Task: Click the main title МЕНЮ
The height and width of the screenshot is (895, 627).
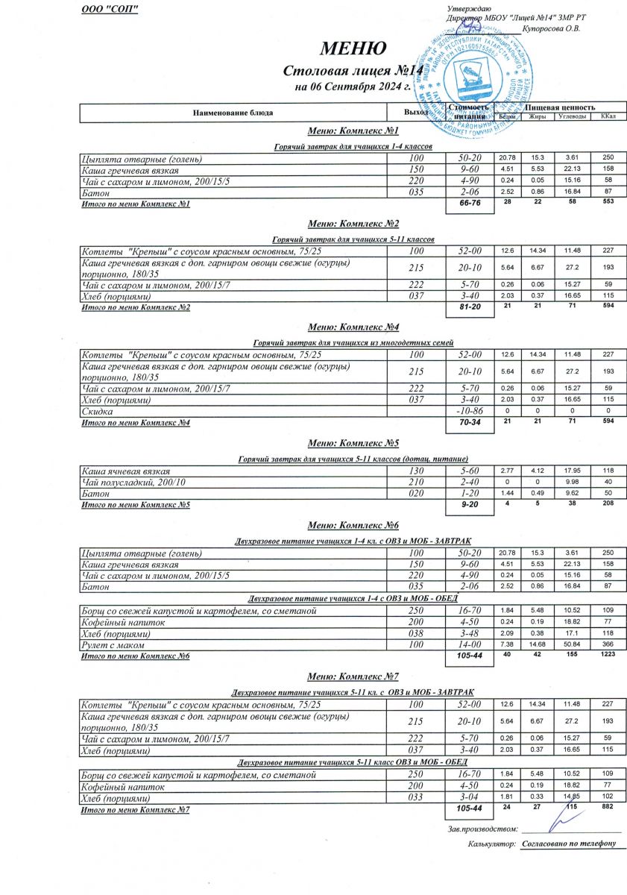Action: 353,48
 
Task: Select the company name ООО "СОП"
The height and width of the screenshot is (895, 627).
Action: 109,8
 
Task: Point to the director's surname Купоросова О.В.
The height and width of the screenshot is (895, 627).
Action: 551,28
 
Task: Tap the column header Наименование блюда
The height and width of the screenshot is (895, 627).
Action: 233,113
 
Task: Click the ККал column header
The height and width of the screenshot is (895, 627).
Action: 608,116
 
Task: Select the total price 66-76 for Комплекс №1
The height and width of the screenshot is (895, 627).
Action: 470,204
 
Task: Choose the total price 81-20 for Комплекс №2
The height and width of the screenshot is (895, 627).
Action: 470,308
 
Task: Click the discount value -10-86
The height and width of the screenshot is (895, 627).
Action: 470,412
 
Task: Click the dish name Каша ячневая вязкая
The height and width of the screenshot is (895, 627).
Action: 125,471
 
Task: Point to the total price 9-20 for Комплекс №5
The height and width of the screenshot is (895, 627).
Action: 470,505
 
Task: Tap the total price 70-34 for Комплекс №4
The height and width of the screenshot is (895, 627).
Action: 470,423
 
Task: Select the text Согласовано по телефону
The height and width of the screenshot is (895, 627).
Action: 569,844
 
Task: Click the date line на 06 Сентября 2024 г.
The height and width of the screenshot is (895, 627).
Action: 353,87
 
